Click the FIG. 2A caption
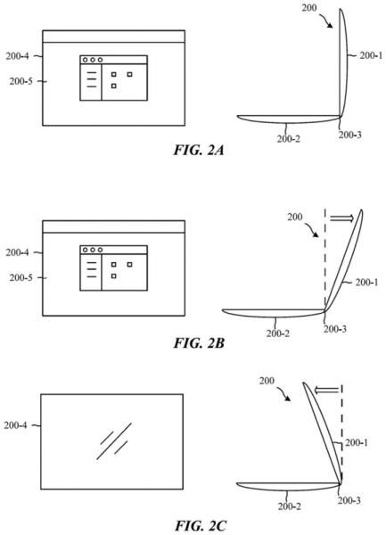click(199, 150)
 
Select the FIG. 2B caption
click(199, 343)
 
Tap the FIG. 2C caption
click(201, 525)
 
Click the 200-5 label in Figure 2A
click(21, 81)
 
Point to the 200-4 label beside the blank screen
click(15, 425)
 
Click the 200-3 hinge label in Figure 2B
click(335, 329)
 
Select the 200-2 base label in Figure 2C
click(289, 506)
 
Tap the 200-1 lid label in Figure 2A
click(371, 55)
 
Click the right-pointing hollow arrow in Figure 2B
click(342, 218)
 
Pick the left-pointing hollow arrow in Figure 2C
click(326, 390)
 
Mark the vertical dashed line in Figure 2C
click(341, 432)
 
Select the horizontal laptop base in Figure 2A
click(289, 119)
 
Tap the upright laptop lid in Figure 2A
click(343, 63)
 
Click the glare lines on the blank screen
click(114, 440)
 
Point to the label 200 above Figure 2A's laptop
click(309, 7)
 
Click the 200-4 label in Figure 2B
click(17, 252)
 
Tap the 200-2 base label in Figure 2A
click(289, 139)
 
